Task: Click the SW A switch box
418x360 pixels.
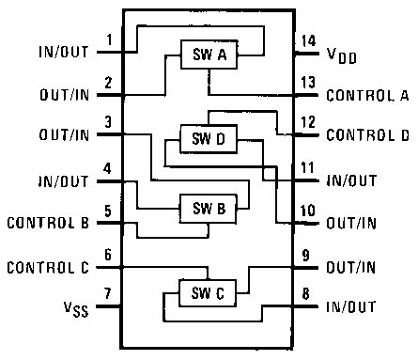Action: click(x=209, y=56)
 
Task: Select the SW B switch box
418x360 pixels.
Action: click(x=209, y=208)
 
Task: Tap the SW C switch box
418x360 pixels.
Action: click(x=209, y=292)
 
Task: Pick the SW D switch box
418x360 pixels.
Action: click(x=209, y=140)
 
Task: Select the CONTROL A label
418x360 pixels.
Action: click(x=367, y=95)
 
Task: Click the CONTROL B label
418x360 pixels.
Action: click(x=48, y=224)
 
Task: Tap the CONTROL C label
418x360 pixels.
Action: click(x=48, y=267)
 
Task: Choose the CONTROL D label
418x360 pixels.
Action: click(x=367, y=135)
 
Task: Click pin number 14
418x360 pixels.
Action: click(x=306, y=40)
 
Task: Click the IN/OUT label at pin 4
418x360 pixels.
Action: click(x=64, y=180)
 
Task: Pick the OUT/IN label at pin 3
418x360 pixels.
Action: click(x=64, y=135)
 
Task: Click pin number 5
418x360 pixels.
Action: click(x=110, y=211)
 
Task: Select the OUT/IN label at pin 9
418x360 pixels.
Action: click(x=351, y=267)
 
